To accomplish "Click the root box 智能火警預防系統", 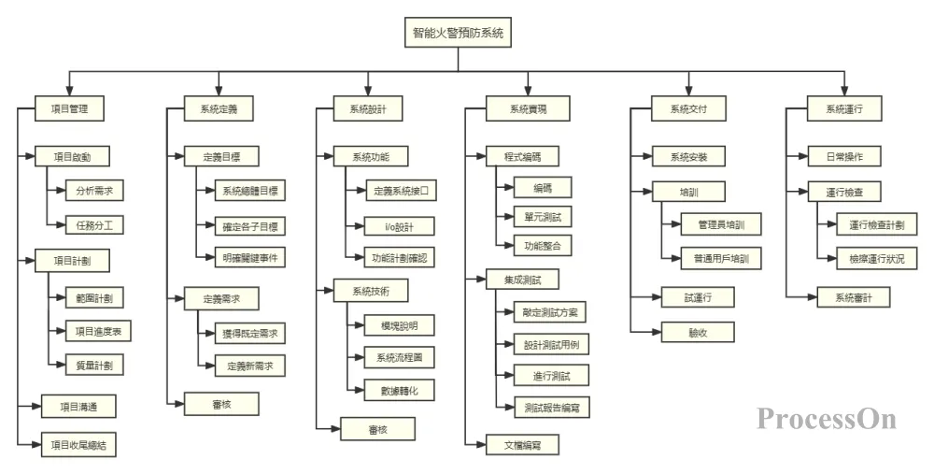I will (458, 33).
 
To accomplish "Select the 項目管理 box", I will (69, 109).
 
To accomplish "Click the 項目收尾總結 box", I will (79, 444).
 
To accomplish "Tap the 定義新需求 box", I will (249, 366).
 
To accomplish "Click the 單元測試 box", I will (542, 217).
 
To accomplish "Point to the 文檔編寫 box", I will (523, 444).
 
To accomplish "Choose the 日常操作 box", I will (838, 155).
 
